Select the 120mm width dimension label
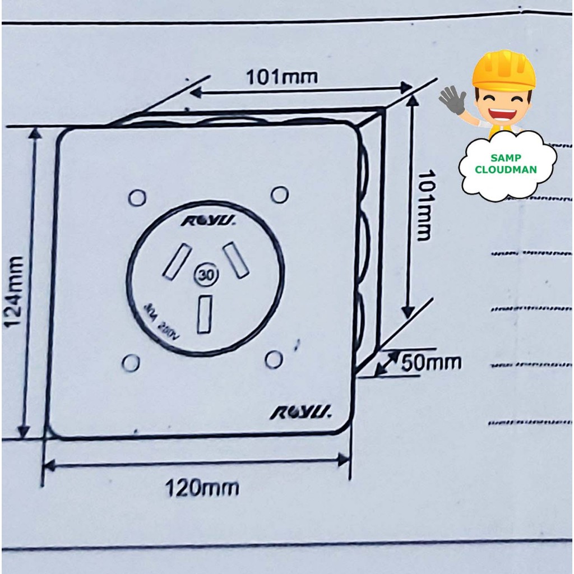point(202,488)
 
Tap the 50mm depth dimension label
point(431,363)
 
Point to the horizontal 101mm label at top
point(282,77)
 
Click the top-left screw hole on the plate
point(137,197)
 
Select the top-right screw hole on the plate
point(279,195)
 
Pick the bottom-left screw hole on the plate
point(131,363)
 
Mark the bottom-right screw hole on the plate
point(274,359)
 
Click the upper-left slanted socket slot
point(177,262)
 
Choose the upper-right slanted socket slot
point(236,260)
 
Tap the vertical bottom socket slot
point(205,314)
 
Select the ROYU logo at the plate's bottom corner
point(301,413)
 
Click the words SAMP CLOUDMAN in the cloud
point(506,164)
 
